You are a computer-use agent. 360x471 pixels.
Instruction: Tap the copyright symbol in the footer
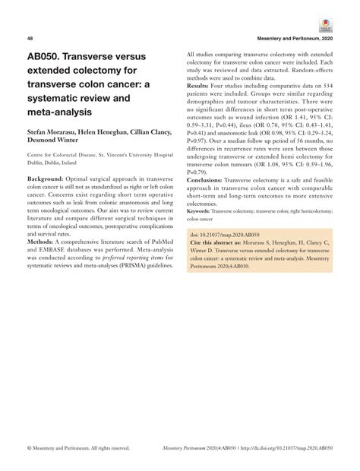[28, 448]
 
